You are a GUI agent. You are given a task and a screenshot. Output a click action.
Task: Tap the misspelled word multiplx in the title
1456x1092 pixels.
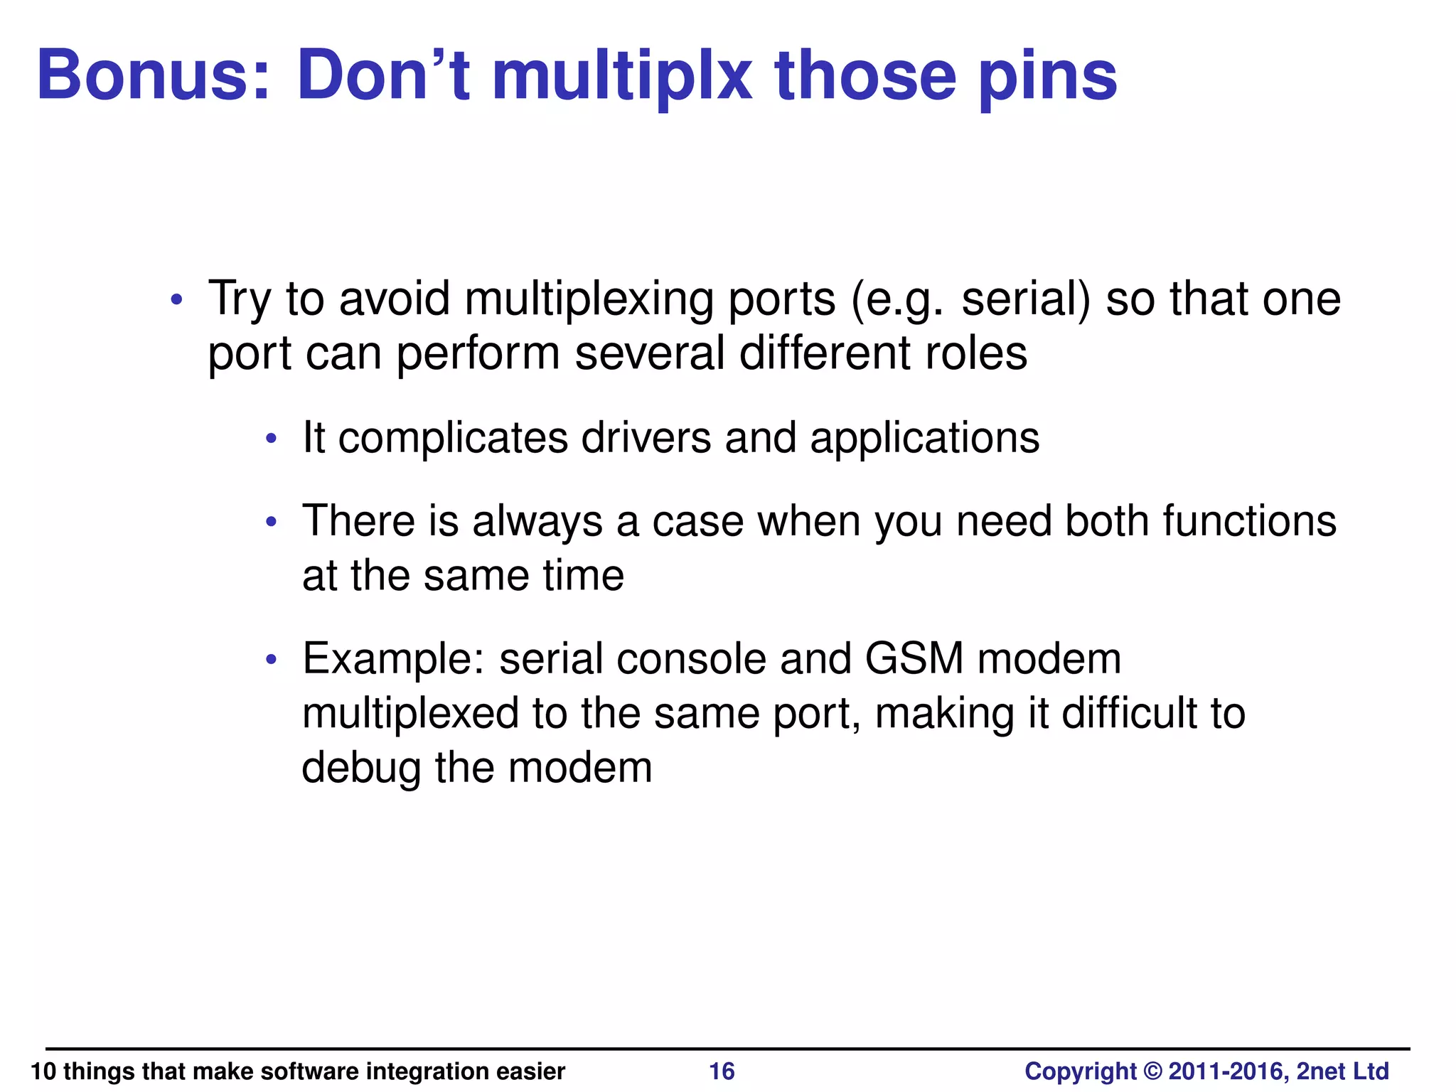tap(622, 75)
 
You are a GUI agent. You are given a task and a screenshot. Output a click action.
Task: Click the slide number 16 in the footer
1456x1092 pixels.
tap(722, 1071)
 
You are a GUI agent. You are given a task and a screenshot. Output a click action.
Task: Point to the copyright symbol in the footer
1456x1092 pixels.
tap(1152, 1071)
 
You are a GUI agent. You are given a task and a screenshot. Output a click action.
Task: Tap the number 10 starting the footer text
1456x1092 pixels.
tap(43, 1071)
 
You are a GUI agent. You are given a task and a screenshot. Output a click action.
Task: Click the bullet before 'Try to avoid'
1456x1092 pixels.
tap(177, 299)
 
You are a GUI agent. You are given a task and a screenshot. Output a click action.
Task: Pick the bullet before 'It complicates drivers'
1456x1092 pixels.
tap(270, 439)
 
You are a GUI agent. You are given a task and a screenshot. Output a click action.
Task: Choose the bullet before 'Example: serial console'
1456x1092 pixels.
tap(270, 660)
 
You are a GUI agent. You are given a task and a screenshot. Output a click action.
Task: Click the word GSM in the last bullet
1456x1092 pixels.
tap(914, 658)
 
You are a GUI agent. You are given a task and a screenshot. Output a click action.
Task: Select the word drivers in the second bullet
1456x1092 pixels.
tap(646, 437)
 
